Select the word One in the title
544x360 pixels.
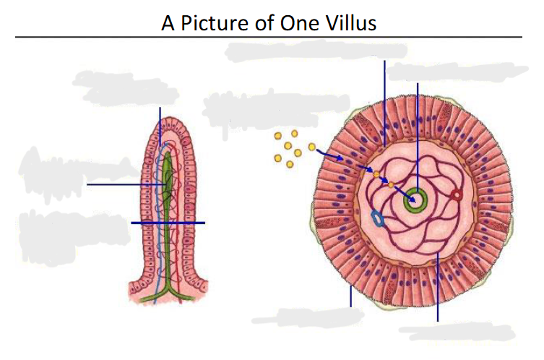coord(299,23)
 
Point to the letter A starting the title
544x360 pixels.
coord(168,23)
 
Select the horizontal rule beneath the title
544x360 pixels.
coord(269,36)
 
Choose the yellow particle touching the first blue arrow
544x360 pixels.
coord(312,147)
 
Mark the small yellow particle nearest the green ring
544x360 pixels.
coord(391,184)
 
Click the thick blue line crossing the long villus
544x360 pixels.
coord(168,223)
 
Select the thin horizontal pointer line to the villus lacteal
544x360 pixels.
coord(126,184)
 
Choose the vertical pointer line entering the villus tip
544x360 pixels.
coord(160,127)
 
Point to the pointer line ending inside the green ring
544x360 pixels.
coord(418,141)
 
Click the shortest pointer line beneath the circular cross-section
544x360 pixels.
coord(351,296)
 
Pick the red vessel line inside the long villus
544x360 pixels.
coord(179,222)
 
